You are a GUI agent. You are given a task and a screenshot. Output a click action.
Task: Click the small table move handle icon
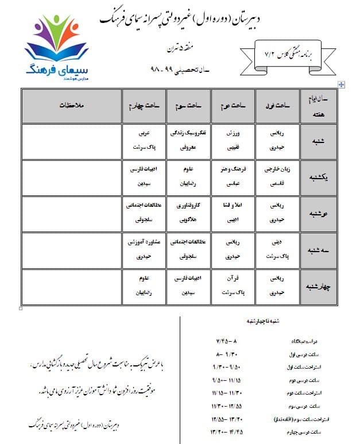coord(342,84)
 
